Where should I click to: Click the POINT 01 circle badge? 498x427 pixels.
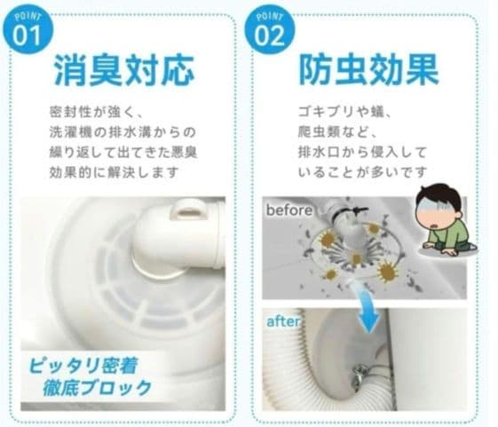[28, 30]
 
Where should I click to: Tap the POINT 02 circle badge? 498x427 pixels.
[270, 30]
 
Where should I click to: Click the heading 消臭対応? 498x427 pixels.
[124, 70]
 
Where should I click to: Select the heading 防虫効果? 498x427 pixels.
[368, 70]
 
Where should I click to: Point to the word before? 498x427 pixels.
[289, 210]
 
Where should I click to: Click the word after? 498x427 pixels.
[283, 321]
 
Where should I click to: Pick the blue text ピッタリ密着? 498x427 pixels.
[83, 366]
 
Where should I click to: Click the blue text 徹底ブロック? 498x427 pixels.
[98, 388]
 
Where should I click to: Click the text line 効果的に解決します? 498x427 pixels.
[114, 172]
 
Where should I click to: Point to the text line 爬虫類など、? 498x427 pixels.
[337, 132]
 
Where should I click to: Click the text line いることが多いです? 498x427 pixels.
[362, 172]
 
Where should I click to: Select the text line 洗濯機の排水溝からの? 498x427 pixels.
[123, 132]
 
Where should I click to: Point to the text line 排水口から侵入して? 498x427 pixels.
[362, 153]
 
